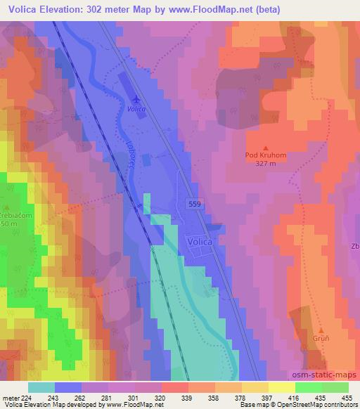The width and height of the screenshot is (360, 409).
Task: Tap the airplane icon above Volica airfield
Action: pos(136,98)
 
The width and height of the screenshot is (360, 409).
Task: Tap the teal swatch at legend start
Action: pos(41,387)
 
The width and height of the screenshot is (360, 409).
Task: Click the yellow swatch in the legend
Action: pos(281,387)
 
